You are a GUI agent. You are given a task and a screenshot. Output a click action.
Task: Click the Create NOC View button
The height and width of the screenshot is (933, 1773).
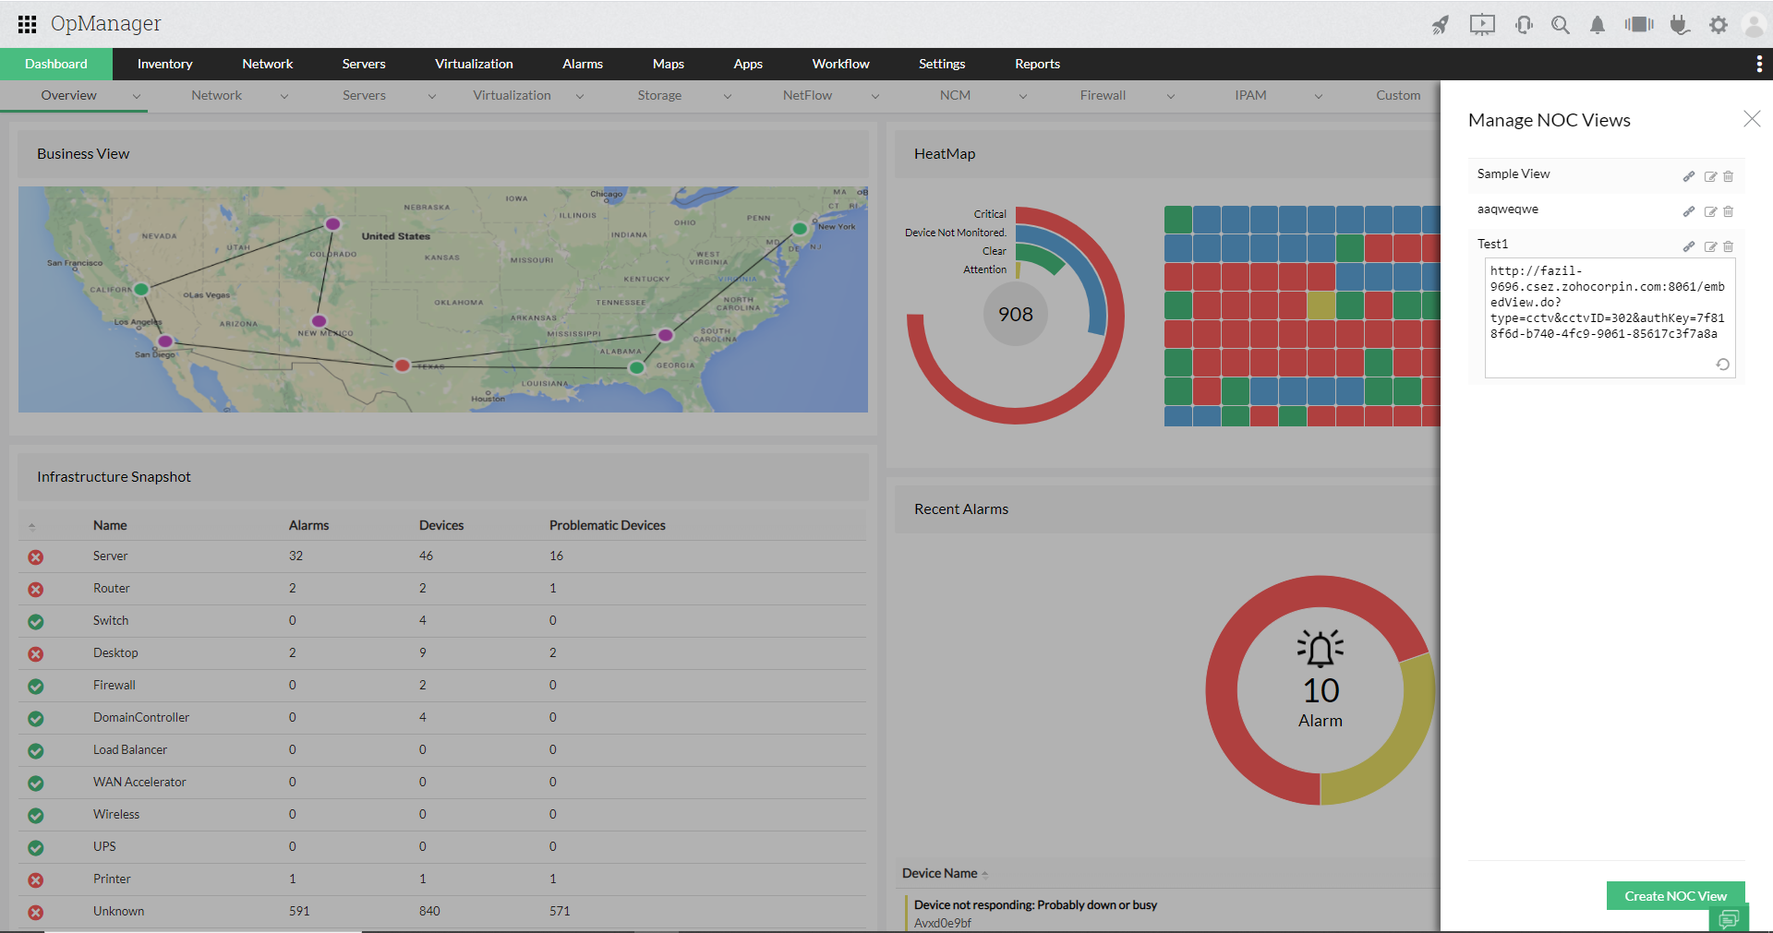click(1675, 896)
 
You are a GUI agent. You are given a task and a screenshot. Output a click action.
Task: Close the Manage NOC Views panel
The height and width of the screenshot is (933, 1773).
click(1751, 119)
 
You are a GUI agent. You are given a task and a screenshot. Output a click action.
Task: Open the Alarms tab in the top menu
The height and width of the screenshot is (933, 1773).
click(582, 64)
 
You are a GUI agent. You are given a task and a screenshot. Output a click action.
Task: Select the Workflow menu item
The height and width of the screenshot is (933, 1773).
click(840, 64)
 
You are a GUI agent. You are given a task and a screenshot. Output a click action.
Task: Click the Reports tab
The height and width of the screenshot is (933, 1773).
click(1037, 64)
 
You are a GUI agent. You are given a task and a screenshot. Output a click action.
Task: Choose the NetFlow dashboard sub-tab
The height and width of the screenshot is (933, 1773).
click(807, 95)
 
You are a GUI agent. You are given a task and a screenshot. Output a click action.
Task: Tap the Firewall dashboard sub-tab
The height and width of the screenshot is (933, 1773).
click(1103, 95)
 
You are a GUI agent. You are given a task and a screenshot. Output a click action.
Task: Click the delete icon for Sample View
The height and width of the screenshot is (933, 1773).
click(1728, 176)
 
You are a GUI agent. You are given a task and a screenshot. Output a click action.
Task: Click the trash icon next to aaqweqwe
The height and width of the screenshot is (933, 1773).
click(1728, 211)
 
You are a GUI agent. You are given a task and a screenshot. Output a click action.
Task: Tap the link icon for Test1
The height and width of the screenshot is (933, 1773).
click(1688, 246)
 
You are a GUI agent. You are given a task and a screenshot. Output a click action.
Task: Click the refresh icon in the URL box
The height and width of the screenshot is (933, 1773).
click(1722, 365)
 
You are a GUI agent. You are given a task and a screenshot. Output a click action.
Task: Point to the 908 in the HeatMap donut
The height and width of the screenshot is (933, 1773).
click(1015, 315)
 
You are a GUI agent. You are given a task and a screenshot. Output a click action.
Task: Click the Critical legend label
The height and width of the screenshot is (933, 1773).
click(989, 214)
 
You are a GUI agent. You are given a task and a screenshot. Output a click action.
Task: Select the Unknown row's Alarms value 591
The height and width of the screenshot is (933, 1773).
click(299, 911)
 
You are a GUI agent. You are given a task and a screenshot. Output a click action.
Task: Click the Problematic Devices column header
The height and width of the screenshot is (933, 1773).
click(607, 525)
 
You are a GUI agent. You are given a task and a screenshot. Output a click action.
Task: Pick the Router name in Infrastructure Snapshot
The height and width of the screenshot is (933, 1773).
click(111, 588)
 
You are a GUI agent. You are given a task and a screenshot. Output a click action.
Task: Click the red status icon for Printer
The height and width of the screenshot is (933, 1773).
click(35, 879)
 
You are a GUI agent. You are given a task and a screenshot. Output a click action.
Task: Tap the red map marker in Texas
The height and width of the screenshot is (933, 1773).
click(402, 365)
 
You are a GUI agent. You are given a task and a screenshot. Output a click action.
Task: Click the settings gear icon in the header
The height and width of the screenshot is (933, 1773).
click(1718, 25)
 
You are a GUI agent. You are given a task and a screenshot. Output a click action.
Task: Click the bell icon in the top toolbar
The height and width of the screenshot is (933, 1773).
click(1597, 25)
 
